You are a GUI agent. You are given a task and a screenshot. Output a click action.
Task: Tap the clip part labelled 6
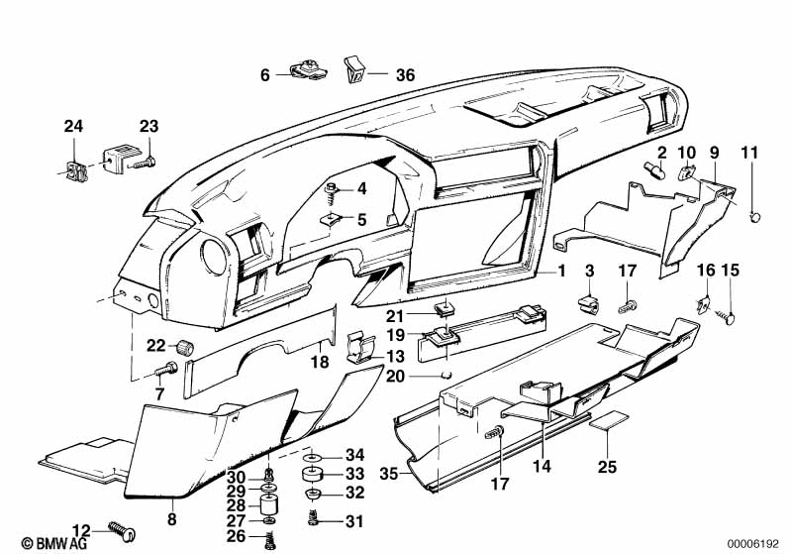(x=306, y=69)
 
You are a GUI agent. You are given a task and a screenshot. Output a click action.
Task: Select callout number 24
(x=75, y=126)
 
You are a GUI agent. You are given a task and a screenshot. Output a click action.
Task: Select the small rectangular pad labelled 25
(x=605, y=422)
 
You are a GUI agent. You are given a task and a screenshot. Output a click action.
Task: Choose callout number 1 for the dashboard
(x=560, y=269)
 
